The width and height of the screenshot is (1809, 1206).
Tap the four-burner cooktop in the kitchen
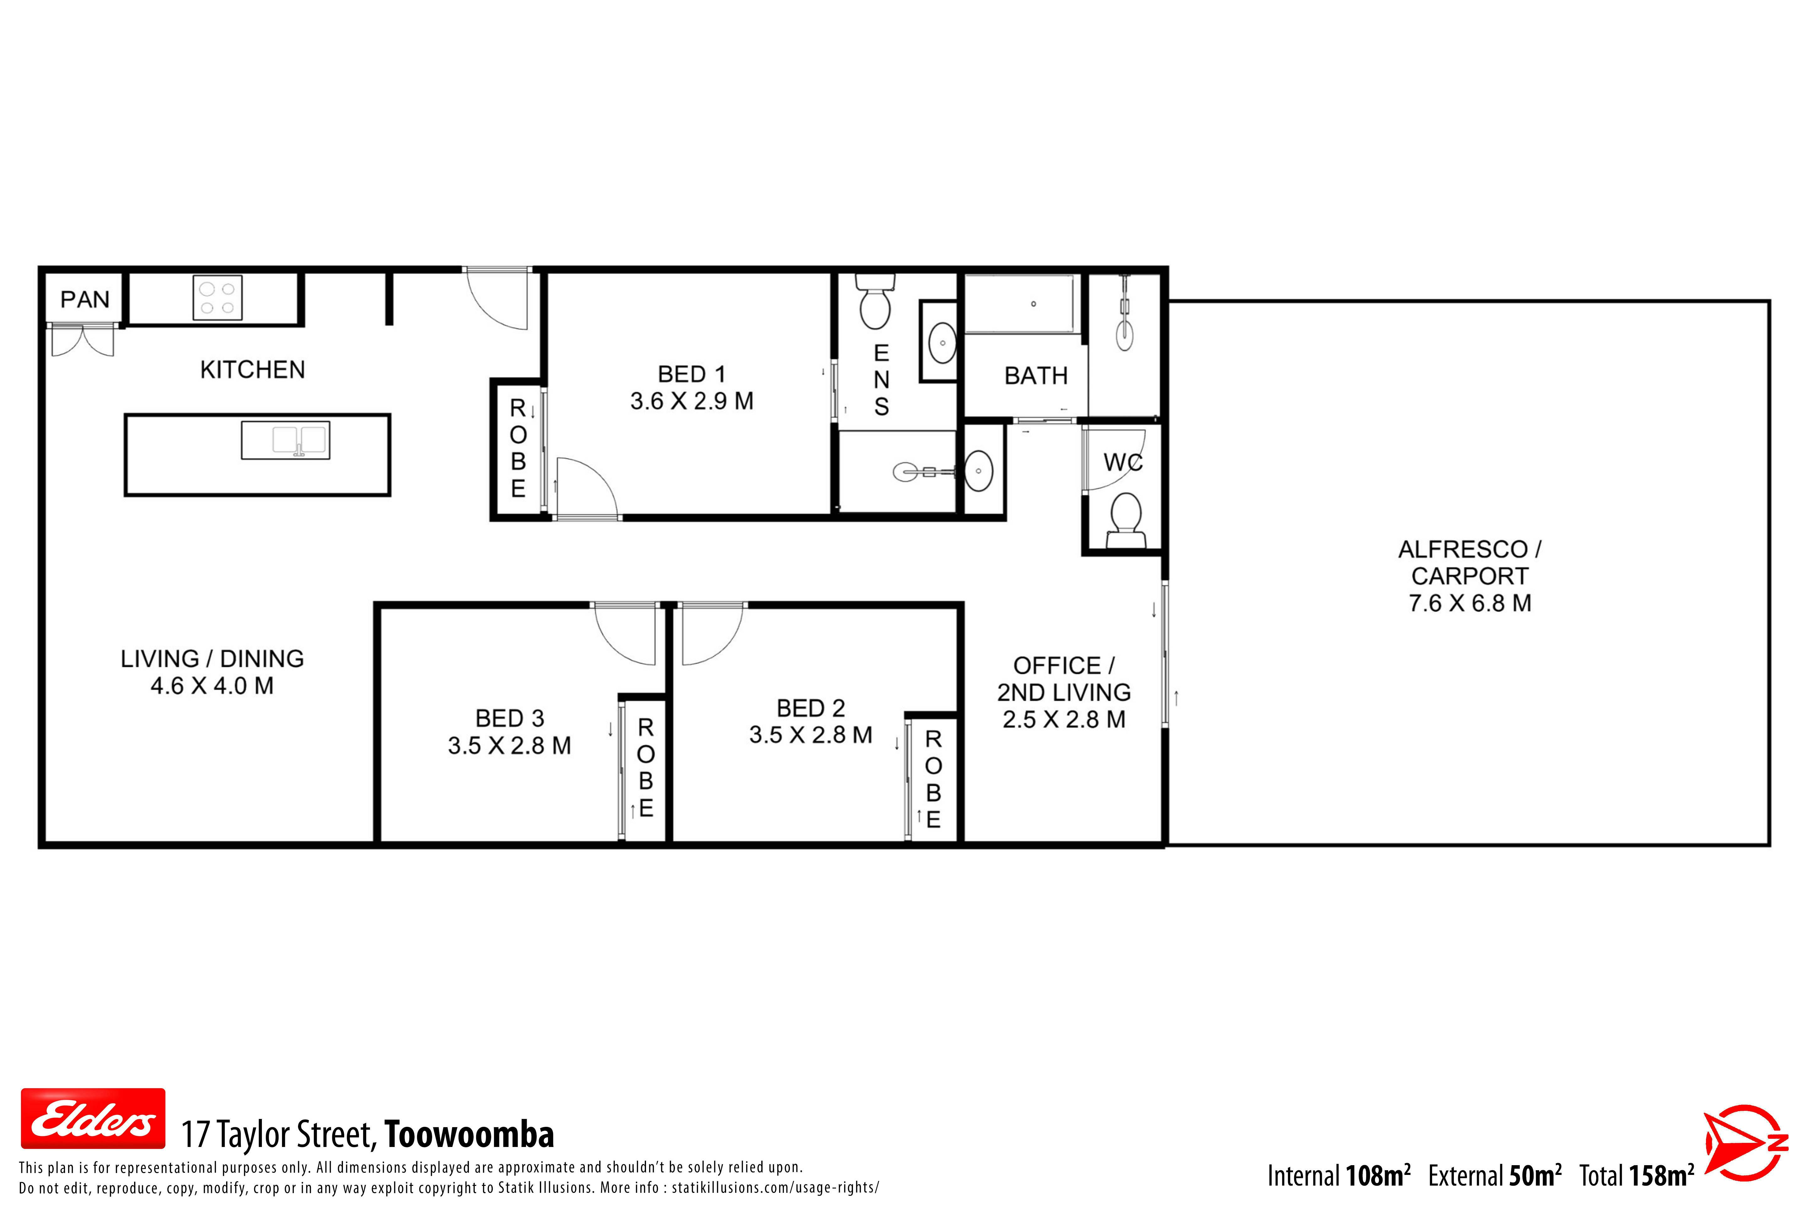point(218,298)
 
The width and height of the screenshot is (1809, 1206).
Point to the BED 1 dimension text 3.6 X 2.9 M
point(692,401)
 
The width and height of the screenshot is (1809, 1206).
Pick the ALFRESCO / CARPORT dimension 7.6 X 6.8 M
point(1470,603)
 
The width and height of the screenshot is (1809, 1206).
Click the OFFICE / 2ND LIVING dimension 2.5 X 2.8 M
point(1064,719)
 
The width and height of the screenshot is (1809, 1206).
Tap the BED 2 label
point(811,708)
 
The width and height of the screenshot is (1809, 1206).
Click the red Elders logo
point(93,1118)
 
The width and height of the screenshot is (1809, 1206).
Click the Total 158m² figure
point(1637,1175)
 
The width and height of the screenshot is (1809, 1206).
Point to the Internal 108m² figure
point(1339,1175)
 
